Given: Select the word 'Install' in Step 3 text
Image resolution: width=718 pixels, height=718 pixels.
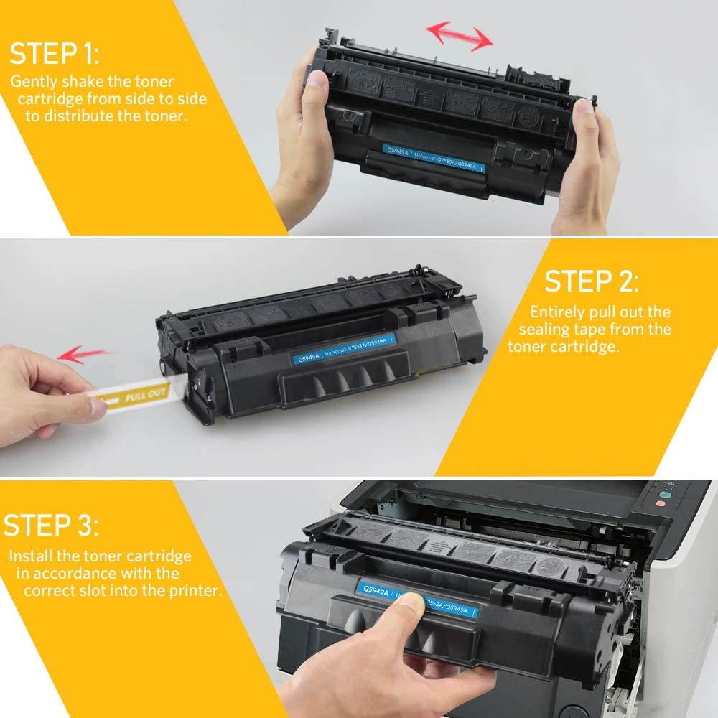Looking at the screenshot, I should (x=29, y=556).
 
